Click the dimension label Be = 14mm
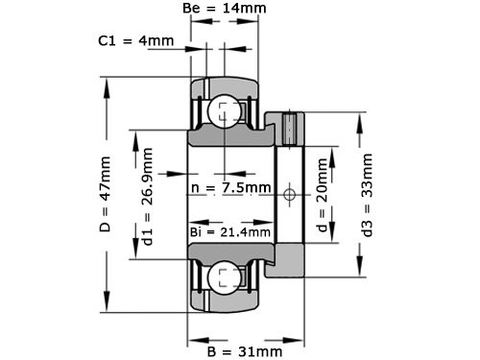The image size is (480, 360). tap(225, 9)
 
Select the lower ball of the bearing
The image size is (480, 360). tap(226, 279)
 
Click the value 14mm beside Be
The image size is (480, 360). tap(245, 9)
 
